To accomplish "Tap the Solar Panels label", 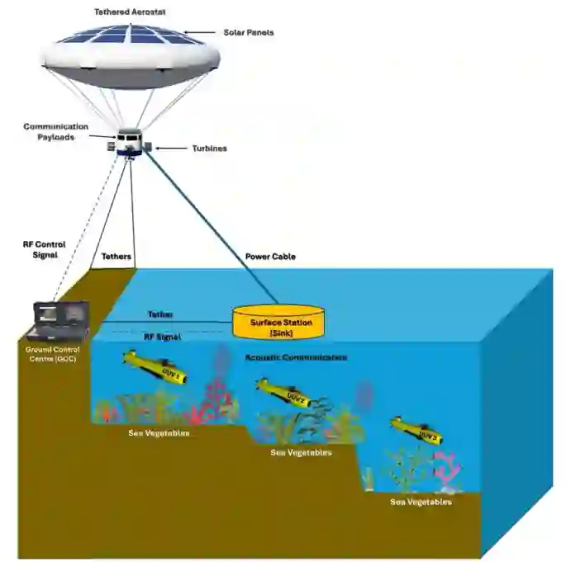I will pyautogui.click(x=248, y=32).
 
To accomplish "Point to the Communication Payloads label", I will pyautogui.click(x=56, y=132).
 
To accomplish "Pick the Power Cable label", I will pyautogui.click(x=270, y=257).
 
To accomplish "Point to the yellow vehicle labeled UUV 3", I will pyautogui.click(x=416, y=430).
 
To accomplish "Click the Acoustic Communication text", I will pyautogui.click(x=296, y=357).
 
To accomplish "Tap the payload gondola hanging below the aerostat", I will pyautogui.click(x=130, y=142).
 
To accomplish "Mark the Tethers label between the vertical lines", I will pyautogui.click(x=115, y=257).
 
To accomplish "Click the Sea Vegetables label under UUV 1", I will pyautogui.click(x=159, y=433).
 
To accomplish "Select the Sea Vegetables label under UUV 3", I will pyautogui.click(x=421, y=502).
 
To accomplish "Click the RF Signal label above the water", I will pyautogui.click(x=162, y=337).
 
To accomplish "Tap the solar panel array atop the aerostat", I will pyautogui.click(x=129, y=35).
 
